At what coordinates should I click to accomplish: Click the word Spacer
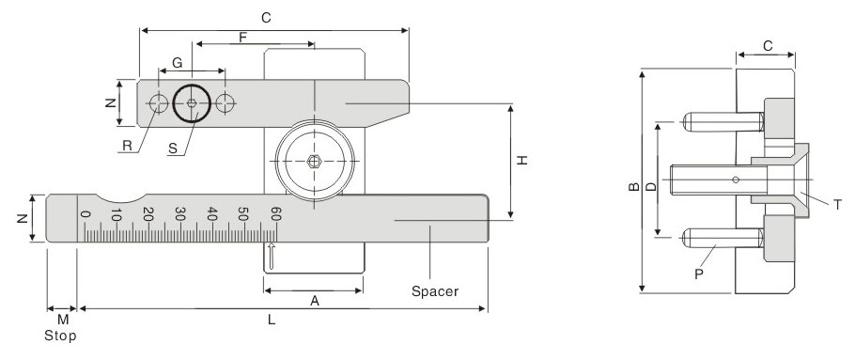(x=435, y=291)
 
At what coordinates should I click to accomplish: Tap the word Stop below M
(x=60, y=336)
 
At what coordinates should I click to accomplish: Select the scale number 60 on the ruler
(x=276, y=213)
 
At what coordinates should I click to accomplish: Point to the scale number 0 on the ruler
(x=84, y=213)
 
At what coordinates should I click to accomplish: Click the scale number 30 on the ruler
(x=179, y=213)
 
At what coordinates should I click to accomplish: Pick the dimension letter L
(x=272, y=321)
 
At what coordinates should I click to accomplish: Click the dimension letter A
(x=315, y=301)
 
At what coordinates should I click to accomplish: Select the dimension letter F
(x=243, y=38)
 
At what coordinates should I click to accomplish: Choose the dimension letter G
(x=178, y=63)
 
